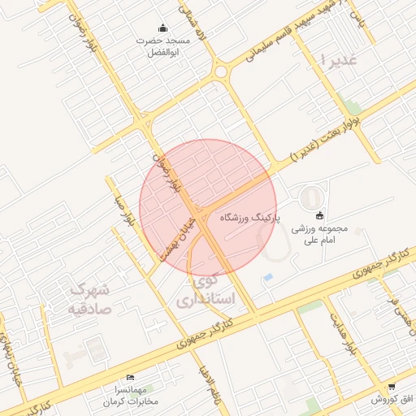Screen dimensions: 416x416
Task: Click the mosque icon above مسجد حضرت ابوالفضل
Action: pos(162,28)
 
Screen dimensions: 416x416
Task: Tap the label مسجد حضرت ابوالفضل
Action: pos(167,46)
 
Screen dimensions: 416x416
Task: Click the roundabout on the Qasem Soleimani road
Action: pos(221,71)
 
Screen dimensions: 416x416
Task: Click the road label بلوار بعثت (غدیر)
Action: pos(325,137)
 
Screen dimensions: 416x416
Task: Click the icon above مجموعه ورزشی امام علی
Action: pos(319,215)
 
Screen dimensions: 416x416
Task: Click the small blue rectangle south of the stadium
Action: pos(268,278)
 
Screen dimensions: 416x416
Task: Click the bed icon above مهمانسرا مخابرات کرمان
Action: pos(131,379)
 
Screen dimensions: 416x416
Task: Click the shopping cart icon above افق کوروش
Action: pos(393,386)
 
